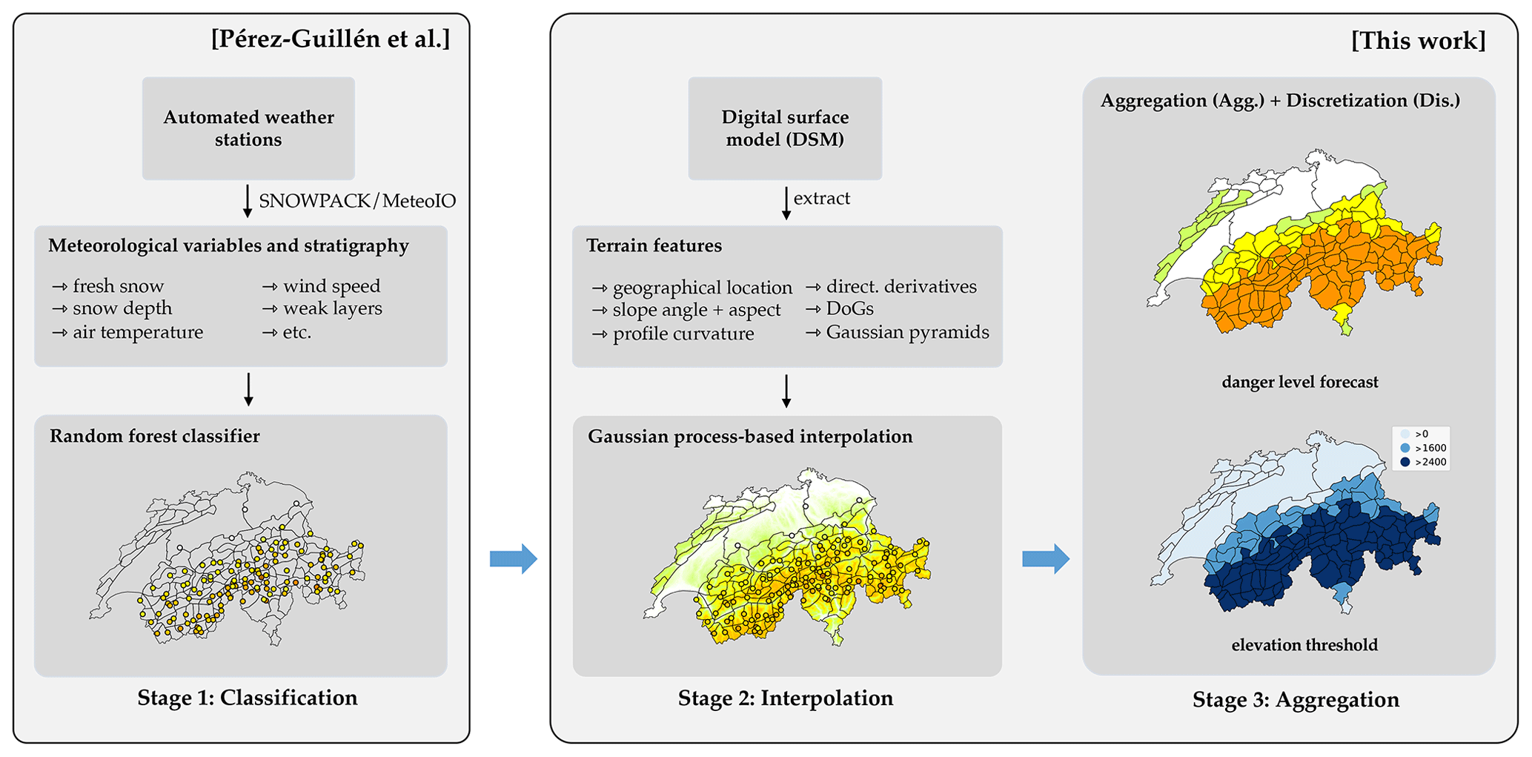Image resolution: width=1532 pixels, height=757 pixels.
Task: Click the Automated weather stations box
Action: (x=248, y=128)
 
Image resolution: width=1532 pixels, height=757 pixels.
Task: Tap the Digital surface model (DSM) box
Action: (x=785, y=128)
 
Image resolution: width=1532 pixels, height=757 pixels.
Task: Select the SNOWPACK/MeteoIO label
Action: (x=357, y=201)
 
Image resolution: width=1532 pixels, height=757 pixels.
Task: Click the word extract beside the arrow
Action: (x=821, y=199)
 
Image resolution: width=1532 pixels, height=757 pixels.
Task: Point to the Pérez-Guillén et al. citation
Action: (x=331, y=39)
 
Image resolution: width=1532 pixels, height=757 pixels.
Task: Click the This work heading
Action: (x=1418, y=41)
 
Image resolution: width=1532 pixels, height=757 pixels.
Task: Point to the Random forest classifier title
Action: (x=155, y=436)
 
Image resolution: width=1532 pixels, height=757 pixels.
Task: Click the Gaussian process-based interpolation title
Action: (x=750, y=436)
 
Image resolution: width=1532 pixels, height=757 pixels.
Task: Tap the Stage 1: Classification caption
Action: (x=248, y=698)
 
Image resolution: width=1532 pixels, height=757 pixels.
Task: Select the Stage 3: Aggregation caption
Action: (x=1296, y=699)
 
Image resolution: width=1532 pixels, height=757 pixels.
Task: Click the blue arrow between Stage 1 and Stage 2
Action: (x=513, y=558)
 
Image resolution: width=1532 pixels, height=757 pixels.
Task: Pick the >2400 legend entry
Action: (x=1424, y=462)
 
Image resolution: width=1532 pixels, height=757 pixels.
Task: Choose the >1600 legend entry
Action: (x=1424, y=448)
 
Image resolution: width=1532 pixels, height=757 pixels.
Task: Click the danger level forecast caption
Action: (x=1300, y=383)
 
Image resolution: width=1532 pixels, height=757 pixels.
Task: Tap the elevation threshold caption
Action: (x=1304, y=645)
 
